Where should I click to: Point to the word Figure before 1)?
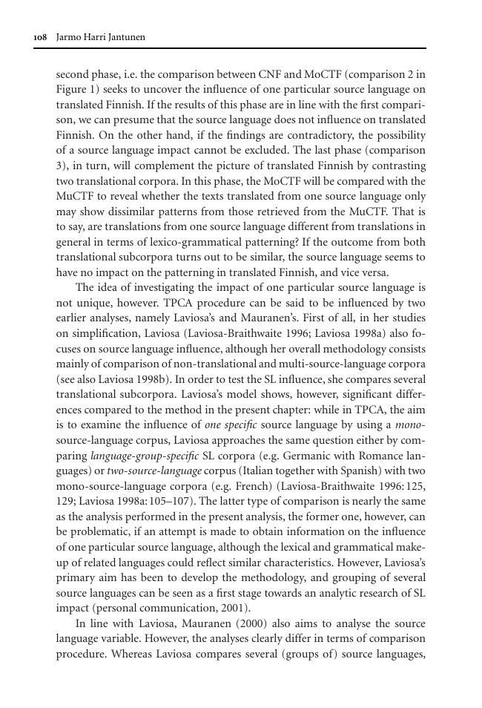(x=73, y=90)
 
